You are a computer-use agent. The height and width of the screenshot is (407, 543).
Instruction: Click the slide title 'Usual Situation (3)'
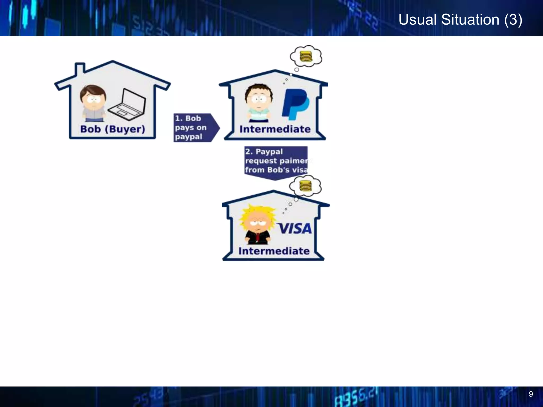click(x=460, y=20)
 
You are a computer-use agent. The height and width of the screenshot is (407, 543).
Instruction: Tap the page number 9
click(x=531, y=394)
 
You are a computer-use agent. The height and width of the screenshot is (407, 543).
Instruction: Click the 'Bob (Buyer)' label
click(x=113, y=129)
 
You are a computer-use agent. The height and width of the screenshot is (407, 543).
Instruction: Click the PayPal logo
click(x=295, y=104)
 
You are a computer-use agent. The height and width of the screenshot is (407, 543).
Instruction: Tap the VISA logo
click(x=295, y=229)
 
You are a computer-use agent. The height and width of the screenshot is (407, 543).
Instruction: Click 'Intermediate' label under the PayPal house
click(x=275, y=129)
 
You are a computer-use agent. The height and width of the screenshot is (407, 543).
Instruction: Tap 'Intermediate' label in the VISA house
click(x=274, y=251)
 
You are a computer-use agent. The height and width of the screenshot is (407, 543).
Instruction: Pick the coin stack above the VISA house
click(x=305, y=186)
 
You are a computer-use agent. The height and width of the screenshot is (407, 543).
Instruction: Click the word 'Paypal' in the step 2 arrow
click(x=269, y=152)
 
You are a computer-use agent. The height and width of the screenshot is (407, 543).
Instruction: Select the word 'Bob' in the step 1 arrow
click(x=193, y=118)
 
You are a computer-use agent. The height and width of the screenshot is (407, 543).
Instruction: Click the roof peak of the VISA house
click(x=273, y=191)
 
